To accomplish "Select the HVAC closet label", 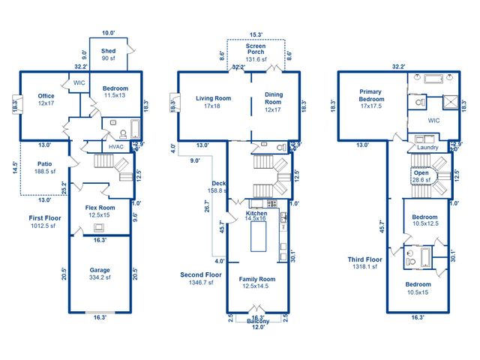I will [x=116, y=146].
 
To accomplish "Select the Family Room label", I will [x=256, y=283].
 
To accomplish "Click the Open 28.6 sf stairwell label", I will [x=421, y=176].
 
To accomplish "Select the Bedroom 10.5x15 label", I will [x=418, y=288].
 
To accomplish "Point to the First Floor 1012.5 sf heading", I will [x=45, y=221].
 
